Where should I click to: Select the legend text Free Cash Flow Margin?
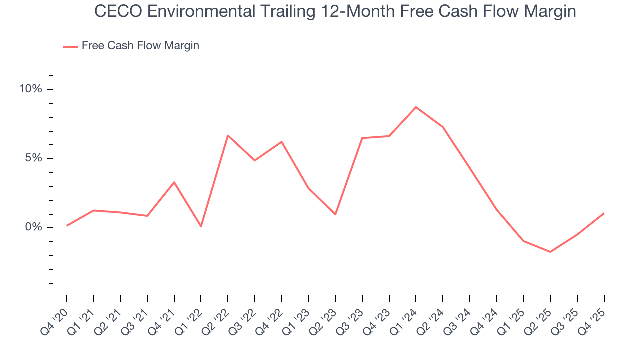tap(140, 46)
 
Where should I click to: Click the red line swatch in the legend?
tap(70, 46)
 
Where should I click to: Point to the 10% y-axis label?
tap(31, 89)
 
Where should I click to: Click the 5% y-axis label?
tap(34, 158)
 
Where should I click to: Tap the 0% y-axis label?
tap(34, 228)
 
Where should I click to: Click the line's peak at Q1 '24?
tap(416, 107)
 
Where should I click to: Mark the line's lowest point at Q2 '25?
tap(550, 252)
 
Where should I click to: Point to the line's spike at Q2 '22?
tap(228, 135)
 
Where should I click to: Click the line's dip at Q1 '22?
tap(201, 227)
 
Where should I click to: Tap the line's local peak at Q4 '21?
tap(174, 182)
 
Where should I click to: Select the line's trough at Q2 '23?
tap(335, 215)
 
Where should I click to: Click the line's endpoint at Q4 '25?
tap(604, 213)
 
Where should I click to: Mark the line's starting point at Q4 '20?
tap(67, 226)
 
